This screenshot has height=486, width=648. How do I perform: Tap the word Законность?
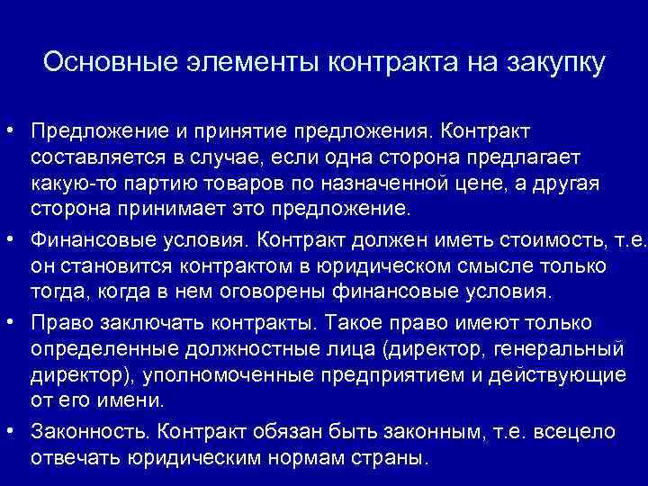click(x=85, y=432)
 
